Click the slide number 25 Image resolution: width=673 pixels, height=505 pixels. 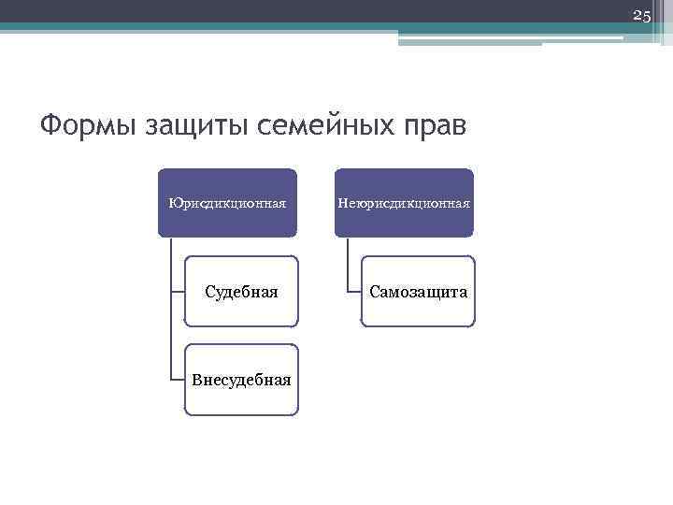click(x=641, y=16)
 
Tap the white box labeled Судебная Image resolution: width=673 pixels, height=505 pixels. click(x=241, y=309)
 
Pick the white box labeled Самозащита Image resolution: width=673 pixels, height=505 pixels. click(x=418, y=309)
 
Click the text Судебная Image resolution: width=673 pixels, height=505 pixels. click(x=241, y=292)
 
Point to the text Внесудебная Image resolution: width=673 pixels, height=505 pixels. click(x=241, y=380)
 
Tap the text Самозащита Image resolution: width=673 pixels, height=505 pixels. click(x=418, y=292)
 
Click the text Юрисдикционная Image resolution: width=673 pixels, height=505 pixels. click(x=227, y=202)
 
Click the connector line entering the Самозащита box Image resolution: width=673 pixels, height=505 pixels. click(x=354, y=292)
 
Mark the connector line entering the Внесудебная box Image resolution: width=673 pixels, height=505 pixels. click(x=178, y=380)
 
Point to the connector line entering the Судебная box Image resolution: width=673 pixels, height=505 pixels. click(x=178, y=292)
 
